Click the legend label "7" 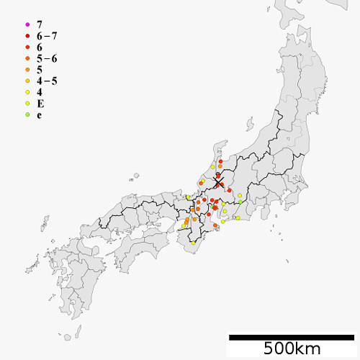[39, 25]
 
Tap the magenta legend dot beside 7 [27, 25]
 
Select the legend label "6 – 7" [48, 36]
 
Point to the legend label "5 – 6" [48, 58]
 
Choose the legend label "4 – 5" [48, 81]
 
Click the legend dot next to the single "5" [27, 70]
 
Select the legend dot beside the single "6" [27, 48]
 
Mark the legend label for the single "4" [39, 92]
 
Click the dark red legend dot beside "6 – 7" [27, 36]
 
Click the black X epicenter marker [218, 182]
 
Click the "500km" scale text [291, 349]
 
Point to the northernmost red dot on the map [220, 162]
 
